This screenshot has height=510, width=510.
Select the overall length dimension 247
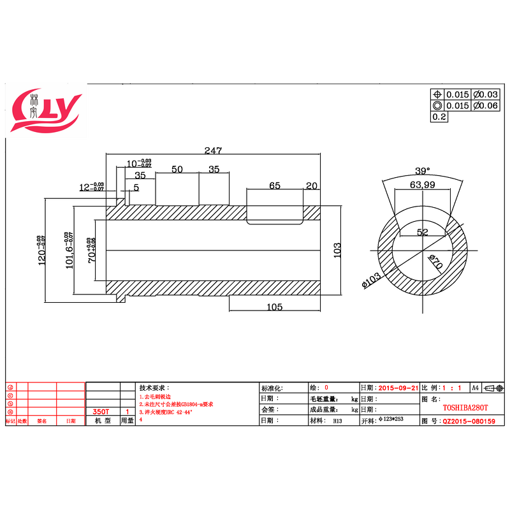[212, 151]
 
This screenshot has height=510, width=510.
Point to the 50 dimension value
[177, 169]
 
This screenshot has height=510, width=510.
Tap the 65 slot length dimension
[275, 186]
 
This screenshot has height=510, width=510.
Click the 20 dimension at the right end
[311, 186]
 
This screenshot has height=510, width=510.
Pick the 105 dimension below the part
[274, 307]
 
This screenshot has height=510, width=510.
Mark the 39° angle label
[422, 171]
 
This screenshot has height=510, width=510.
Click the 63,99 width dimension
[422, 185]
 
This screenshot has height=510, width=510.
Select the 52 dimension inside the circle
[422, 232]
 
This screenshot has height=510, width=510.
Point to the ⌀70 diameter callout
[435, 261]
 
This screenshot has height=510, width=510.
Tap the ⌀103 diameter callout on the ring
[371, 280]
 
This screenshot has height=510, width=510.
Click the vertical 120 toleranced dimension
[42, 249]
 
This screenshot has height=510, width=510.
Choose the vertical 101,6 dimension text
[69, 251]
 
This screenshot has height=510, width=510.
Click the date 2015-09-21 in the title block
[398, 388]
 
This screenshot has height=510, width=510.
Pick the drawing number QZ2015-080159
[469, 421]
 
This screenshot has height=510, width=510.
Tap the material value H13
[337, 421]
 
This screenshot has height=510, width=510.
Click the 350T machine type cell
[101, 412]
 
